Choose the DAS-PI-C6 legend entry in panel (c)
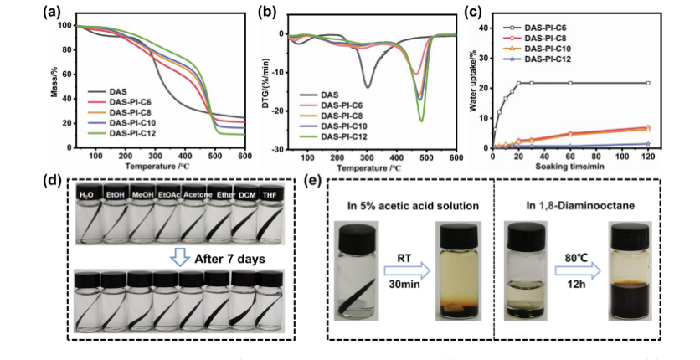pyautogui.click(x=547, y=27)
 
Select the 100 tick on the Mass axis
pyautogui.click(x=64, y=25)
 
